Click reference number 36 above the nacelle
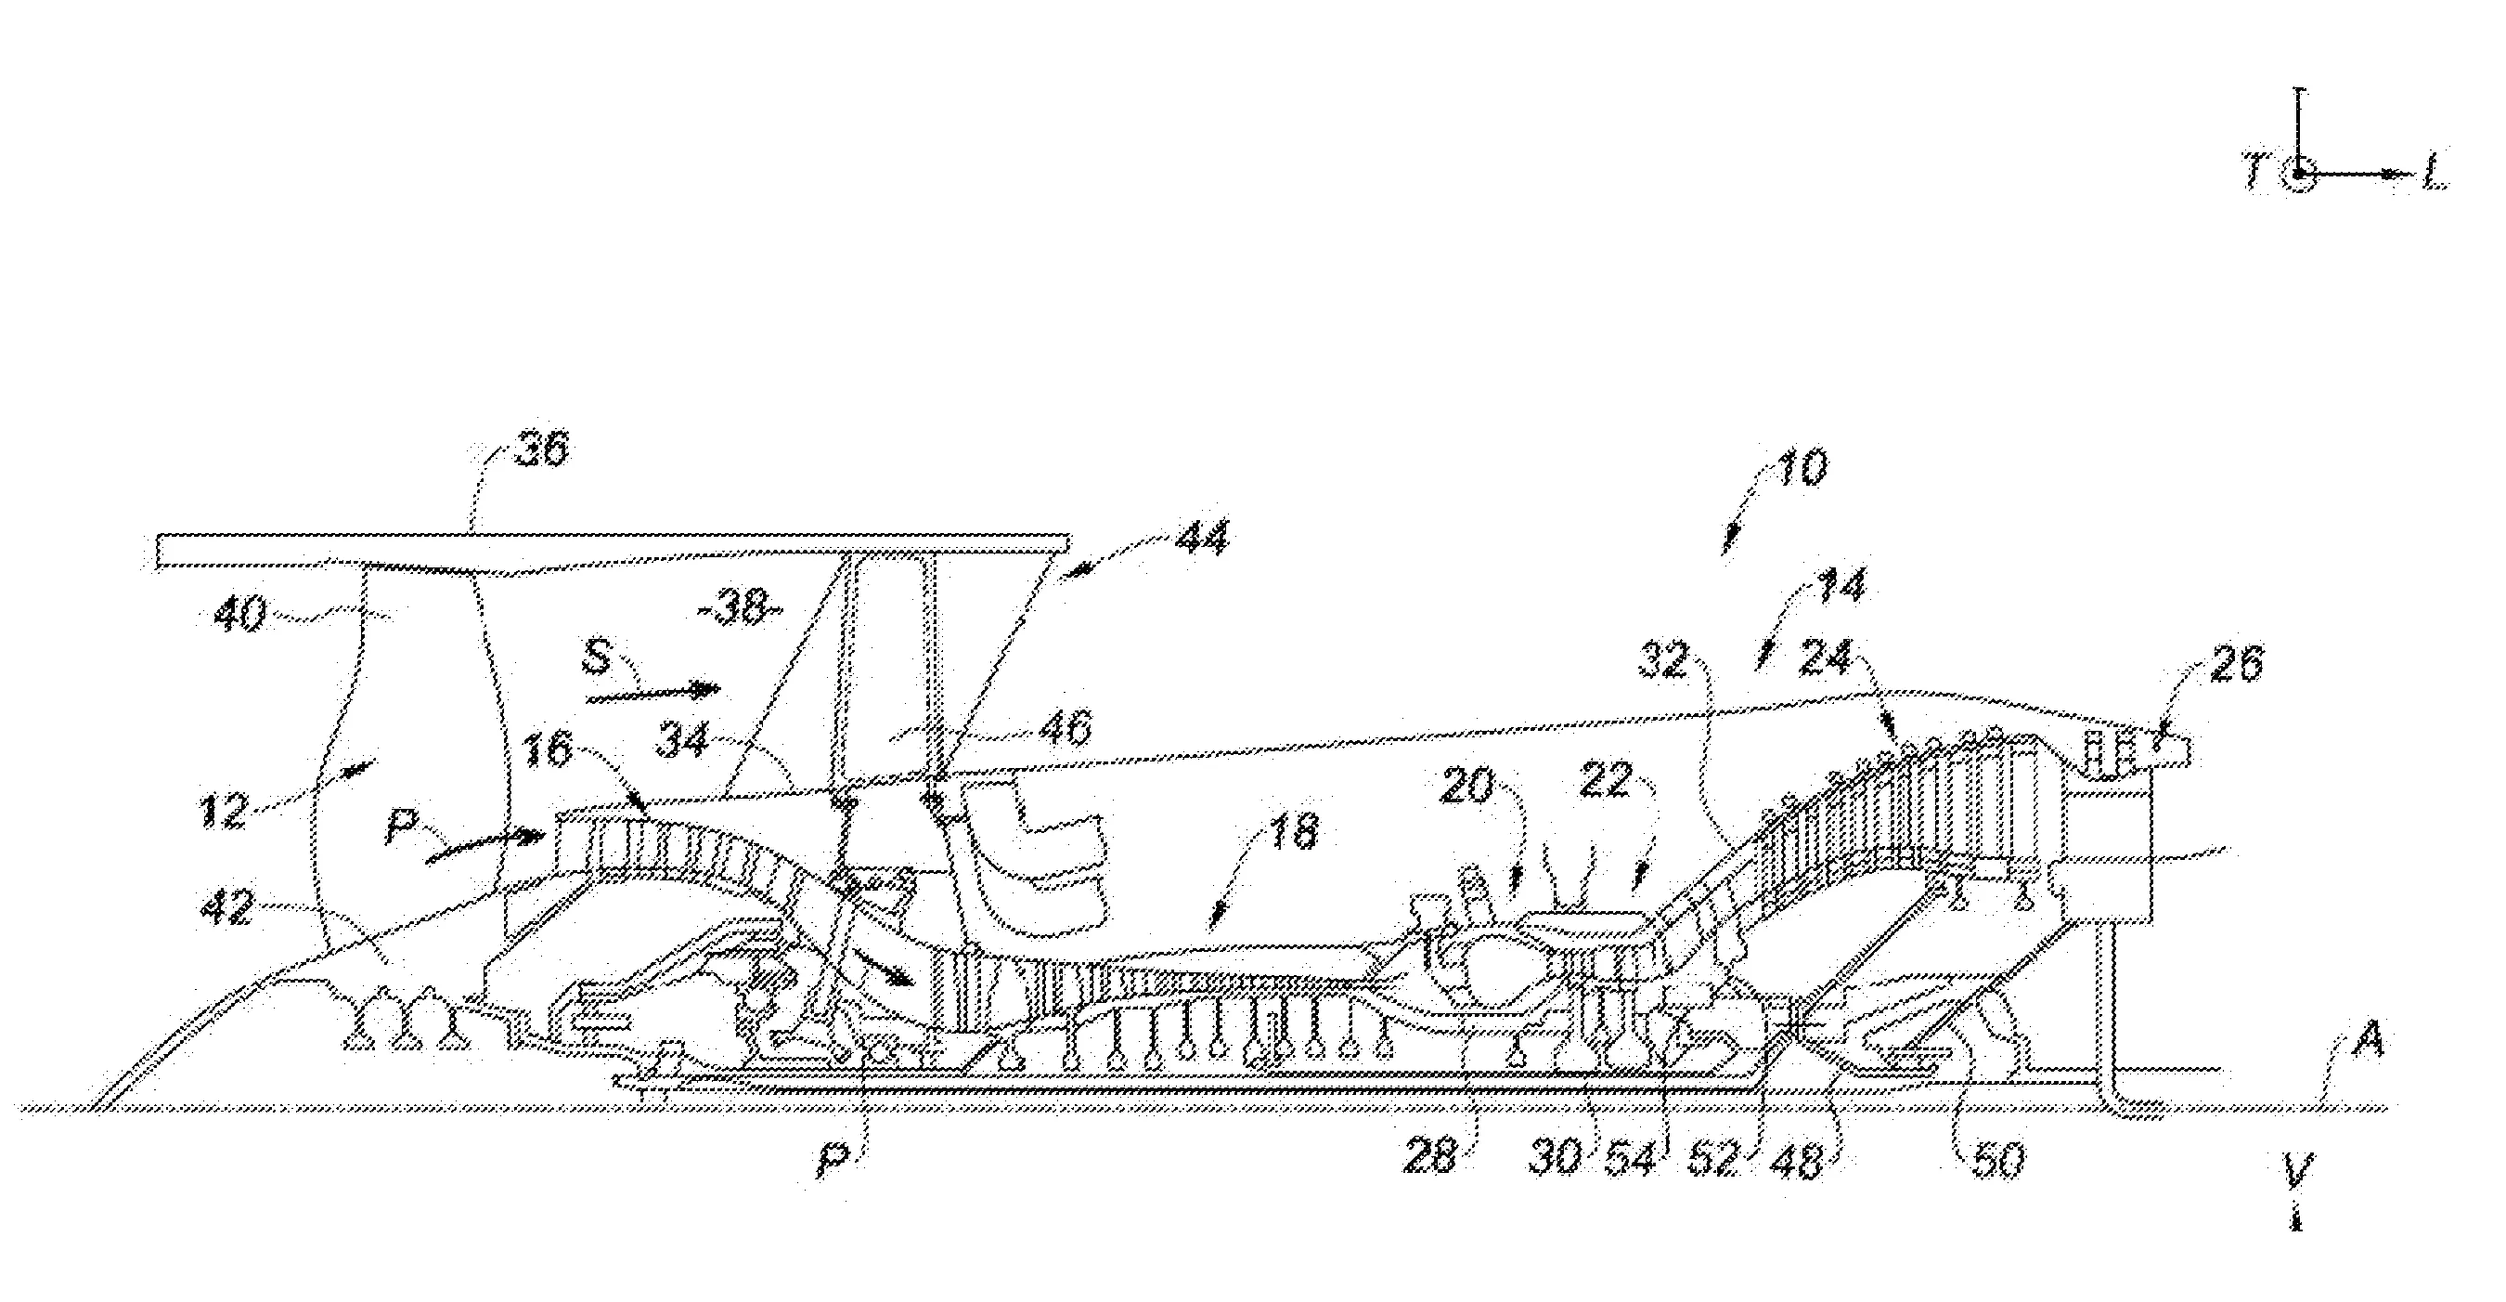[541, 449]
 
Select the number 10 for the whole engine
[1802, 468]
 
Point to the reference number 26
[2236, 663]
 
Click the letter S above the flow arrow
[595, 658]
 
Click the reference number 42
[228, 910]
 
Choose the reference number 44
[1200, 538]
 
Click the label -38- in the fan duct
[742, 613]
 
